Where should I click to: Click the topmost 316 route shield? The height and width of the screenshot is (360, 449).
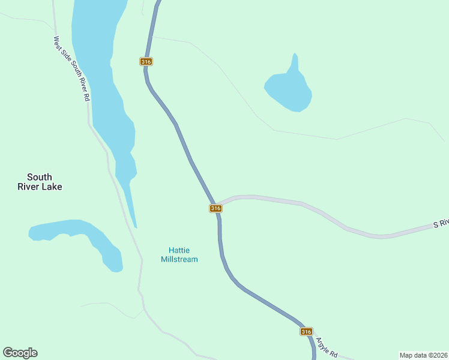tap(146, 62)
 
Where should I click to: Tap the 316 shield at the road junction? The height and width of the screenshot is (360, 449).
tap(215, 208)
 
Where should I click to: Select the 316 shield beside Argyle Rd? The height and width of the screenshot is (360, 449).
tap(306, 332)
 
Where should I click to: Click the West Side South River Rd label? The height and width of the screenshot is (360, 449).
tap(71, 68)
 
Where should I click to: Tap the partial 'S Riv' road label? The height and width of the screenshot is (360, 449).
tap(441, 223)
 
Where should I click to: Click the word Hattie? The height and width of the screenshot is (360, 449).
tap(179, 250)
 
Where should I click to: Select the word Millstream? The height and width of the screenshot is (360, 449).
tap(179, 259)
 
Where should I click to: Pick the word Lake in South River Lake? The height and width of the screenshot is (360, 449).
tap(52, 187)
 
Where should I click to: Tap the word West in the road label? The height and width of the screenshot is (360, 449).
tap(57, 43)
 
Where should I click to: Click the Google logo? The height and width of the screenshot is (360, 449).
tap(20, 353)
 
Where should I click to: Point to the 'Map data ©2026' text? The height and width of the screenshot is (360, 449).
tap(423, 355)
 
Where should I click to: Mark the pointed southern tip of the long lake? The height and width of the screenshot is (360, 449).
tap(136, 227)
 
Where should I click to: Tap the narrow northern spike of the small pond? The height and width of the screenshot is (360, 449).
tap(294, 59)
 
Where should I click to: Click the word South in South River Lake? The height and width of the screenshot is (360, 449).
tap(40, 177)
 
